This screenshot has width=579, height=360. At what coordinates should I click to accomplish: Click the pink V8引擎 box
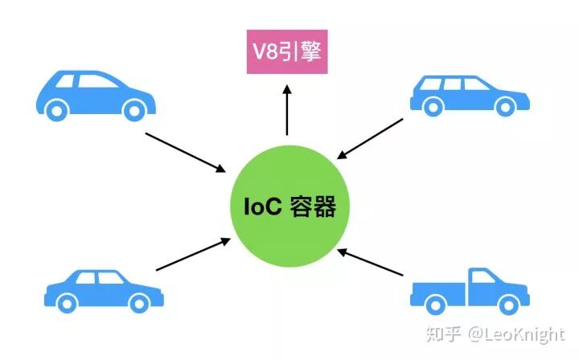coord(286,51)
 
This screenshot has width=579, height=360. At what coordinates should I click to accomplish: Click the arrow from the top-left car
coord(185,151)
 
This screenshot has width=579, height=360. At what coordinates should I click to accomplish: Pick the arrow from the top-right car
coord(372,139)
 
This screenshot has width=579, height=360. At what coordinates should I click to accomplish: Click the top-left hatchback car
coord(95,94)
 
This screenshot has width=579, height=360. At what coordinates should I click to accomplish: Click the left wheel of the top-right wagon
coord(433,105)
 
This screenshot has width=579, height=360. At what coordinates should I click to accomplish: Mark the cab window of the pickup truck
coord(482,277)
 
